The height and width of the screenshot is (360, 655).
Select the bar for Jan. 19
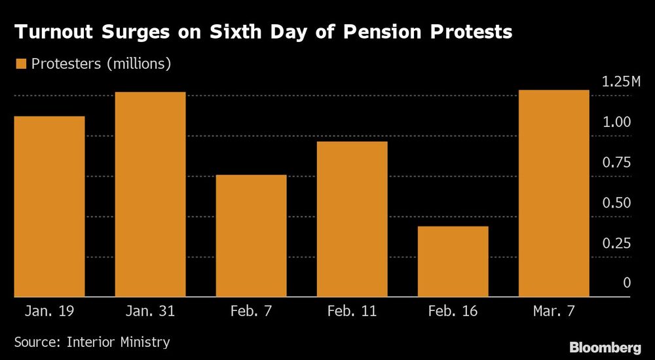click(x=49, y=206)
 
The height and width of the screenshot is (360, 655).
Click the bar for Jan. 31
click(x=150, y=194)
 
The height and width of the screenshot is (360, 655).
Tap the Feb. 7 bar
click(x=251, y=236)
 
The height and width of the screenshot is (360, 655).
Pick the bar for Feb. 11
click(x=352, y=219)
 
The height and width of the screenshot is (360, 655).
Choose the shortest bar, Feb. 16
click(x=453, y=261)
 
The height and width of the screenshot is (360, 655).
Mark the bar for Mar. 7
click(x=553, y=193)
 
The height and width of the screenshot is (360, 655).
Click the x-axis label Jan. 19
click(x=49, y=310)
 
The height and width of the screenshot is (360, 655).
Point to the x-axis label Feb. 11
click(x=352, y=310)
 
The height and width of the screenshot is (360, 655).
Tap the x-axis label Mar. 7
click(x=553, y=310)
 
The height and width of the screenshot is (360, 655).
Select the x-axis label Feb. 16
click(x=453, y=310)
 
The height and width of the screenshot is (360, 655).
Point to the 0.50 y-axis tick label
click(x=617, y=203)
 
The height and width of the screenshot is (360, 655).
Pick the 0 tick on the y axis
click(x=627, y=283)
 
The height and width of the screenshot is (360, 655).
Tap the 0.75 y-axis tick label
click(x=617, y=162)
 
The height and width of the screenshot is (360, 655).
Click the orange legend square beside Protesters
click(x=20, y=63)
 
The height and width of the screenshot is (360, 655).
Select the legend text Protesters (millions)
click(x=101, y=63)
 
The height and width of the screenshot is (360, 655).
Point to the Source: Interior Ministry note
click(x=92, y=342)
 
